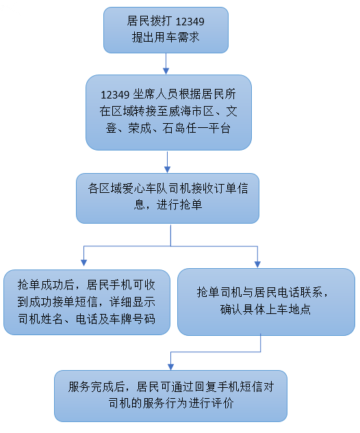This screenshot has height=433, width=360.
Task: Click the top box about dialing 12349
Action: [166, 30]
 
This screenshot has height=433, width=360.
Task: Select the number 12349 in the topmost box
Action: [190, 21]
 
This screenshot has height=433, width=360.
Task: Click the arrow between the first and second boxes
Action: [166, 64]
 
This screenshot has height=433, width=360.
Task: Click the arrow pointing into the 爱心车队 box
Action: [167, 162]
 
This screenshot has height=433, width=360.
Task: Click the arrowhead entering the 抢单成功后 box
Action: [83, 263]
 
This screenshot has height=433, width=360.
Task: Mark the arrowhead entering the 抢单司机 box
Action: [257, 265]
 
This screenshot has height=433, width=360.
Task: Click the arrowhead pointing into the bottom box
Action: [170, 367]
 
